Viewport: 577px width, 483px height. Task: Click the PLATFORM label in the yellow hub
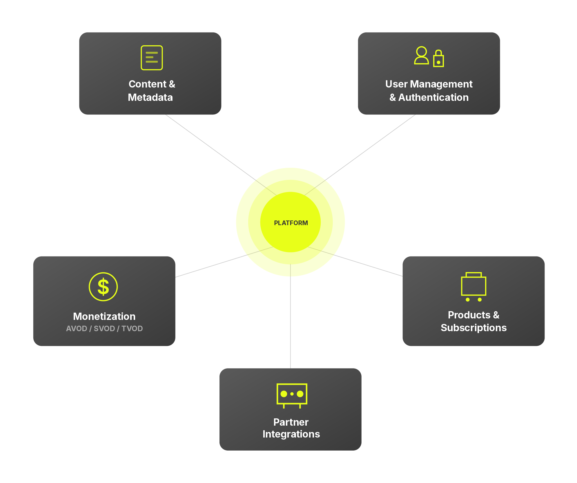tap(291, 223)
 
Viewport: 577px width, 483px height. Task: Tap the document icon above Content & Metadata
tap(152, 58)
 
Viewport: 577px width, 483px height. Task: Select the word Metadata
tap(150, 97)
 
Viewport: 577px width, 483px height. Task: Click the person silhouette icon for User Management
tap(421, 55)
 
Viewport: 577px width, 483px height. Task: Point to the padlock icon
tap(438, 59)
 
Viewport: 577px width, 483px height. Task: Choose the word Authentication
tap(433, 97)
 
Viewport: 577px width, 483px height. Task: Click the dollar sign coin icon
tap(103, 287)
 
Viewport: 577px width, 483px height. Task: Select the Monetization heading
tap(104, 316)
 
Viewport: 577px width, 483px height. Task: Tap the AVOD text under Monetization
tap(77, 329)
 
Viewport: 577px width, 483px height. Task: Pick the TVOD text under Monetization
tap(132, 329)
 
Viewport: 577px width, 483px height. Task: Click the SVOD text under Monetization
tap(104, 329)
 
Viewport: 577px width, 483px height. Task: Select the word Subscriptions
tap(473, 328)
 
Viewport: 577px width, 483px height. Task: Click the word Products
tap(469, 315)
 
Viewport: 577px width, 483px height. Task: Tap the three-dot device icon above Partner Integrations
tap(292, 395)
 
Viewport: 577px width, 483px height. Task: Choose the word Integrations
tap(291, 434)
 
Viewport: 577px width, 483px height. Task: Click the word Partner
tap(291, 422)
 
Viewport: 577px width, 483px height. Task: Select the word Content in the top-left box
tap(147, 84)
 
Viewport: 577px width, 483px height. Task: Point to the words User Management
tap(429, 84)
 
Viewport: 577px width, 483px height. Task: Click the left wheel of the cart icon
tap(467, 300)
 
